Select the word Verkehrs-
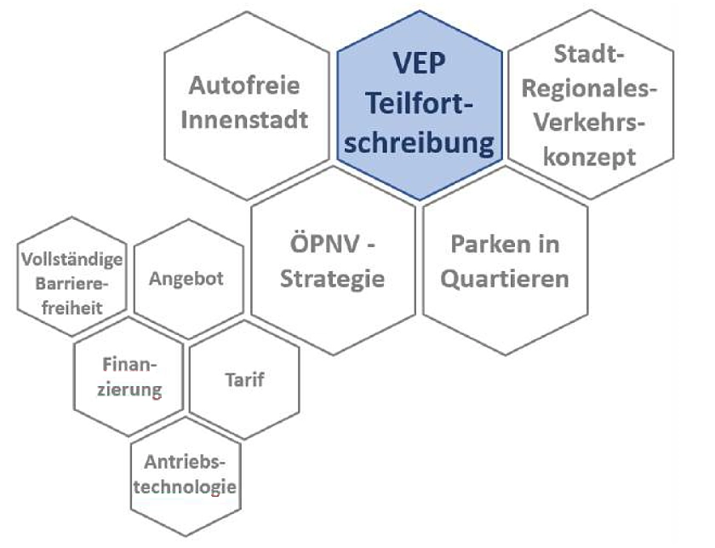click(589, 123)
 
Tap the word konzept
click(589, 157)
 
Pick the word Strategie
click(333, 279)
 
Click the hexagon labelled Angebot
click(187, 279)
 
